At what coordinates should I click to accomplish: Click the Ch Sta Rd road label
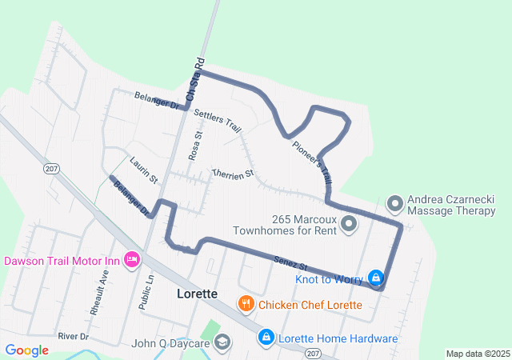point(195,79)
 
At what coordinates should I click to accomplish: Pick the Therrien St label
point(232,172)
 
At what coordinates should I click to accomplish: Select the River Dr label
point(73,337)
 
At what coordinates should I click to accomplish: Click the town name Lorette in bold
point(196,294)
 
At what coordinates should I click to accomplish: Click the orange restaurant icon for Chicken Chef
point(246,304)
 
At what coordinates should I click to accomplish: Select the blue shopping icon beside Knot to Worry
point(374,278)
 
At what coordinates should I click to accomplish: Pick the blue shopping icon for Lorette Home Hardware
point(266,338)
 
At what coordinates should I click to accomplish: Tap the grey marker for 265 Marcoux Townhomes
point(349,224)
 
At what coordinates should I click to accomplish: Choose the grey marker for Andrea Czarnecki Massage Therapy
point(394,204)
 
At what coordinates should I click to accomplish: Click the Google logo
point(27,350)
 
